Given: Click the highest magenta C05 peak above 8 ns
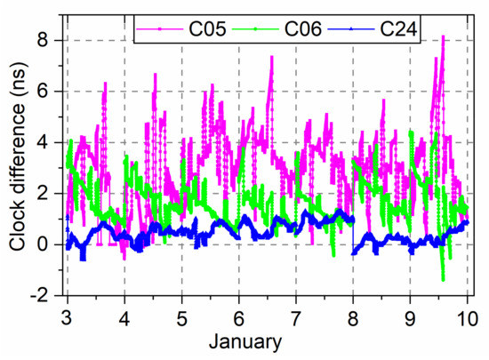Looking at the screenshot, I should click(442, 37).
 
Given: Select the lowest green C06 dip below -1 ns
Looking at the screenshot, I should click(443, 280).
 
